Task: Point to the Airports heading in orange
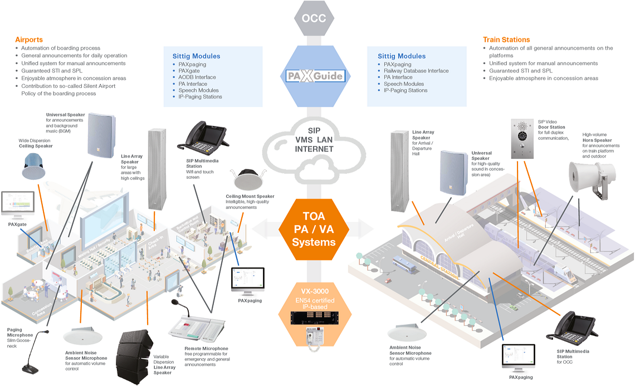point(28,40)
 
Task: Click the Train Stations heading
point(506,40)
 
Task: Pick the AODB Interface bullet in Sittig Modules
point(197,77)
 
